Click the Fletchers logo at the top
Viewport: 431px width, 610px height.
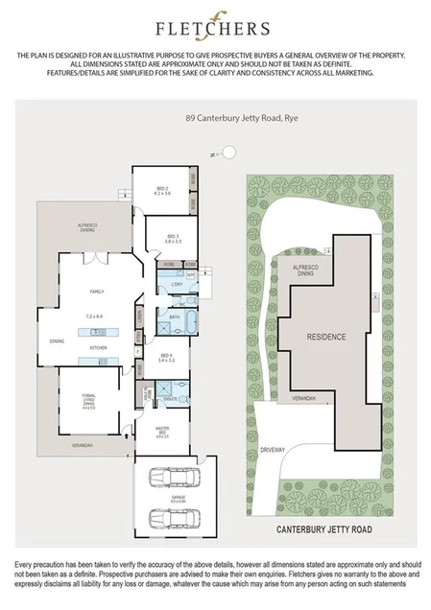coord(215,29)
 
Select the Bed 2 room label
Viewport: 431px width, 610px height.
coord(161,192)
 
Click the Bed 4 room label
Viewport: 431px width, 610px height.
coord(166,358)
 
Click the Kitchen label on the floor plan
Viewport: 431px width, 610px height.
coord(96,346)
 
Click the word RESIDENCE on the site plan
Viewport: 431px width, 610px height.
coord(325,338)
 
